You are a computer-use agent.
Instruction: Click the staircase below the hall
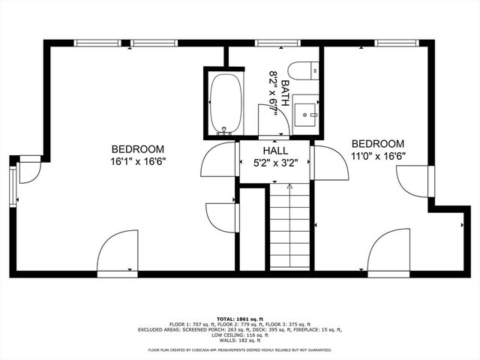tap(289, 225)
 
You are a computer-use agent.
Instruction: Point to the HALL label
tap(274, 150)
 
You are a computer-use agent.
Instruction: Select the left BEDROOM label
tap(138, 148)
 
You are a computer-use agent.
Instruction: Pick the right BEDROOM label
tap(378, 144)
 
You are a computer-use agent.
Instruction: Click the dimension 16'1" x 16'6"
tap(138, 160)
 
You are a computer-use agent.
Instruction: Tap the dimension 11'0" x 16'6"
tap(378, 156)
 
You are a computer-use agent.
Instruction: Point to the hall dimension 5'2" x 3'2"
tap(274, 162)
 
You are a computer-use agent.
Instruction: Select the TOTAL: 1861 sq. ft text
tap(239, 318)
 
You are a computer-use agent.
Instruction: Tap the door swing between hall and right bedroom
tap(330, 163)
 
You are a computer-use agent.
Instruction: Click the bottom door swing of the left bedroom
tap(117, 252)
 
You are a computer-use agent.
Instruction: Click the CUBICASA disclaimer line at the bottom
tap(239, 349)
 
